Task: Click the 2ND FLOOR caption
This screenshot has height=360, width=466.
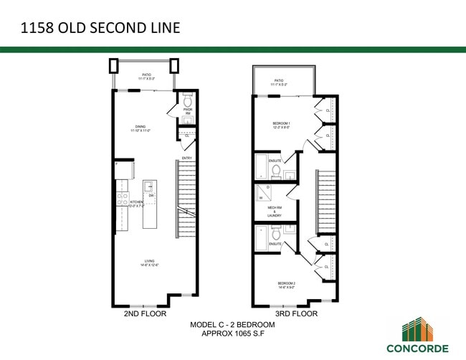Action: pyautogui.click(x=146, y=313)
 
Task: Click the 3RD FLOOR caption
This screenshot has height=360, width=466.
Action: pyautogui.click(x=296, y=313)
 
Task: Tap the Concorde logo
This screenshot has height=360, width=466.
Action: pyautogui.click(x=417, y=337)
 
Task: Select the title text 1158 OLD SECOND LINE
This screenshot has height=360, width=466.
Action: pyautogui.click(x=100, y=29)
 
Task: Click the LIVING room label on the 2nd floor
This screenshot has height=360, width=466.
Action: pyautogui.click(x=148, y=263)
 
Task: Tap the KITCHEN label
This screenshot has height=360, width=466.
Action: pyautogui.click(x=136, y=204)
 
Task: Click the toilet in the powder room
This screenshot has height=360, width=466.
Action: pyautogui.click(x=187, y=100)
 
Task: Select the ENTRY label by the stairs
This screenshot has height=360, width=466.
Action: pyautogui.click(x=186, y=158)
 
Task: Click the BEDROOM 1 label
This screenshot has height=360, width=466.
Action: pyautogui.click(x=281, y=125)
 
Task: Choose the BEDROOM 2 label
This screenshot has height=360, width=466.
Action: pyautogui.click(x=287, y=285)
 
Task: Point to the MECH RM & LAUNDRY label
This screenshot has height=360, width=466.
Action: pyautogui.click(x=275, y=212)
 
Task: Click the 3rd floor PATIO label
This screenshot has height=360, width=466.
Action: pyautogui.click(x=278, y=83)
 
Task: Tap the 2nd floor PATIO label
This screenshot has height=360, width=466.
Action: pyautogui.click(x=146, y=76)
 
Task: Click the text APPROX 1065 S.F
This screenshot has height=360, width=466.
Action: pyautogui.click(x=232, y=334)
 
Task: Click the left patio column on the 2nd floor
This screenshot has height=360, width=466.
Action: pyautogui.click(x=113, y=66)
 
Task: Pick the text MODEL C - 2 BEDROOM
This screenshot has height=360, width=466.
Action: pyautogui.click(x=232, y=325)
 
